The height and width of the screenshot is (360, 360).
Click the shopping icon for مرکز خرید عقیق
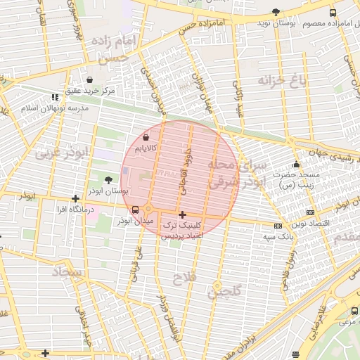point(89,79)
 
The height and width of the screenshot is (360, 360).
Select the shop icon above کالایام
point(146,138)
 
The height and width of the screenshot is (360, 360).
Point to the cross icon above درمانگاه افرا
point(76,199)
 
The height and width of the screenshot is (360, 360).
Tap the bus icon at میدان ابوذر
point(135,210)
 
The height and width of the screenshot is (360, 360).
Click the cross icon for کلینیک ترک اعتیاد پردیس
point(182,214)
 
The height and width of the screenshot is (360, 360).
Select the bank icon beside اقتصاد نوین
point(310,212)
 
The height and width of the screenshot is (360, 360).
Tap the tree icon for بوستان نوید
point(276,12)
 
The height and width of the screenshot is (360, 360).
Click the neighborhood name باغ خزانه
point(283,79)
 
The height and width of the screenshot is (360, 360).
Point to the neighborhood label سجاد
point(67,271)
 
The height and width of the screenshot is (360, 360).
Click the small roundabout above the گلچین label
point(217,285)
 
